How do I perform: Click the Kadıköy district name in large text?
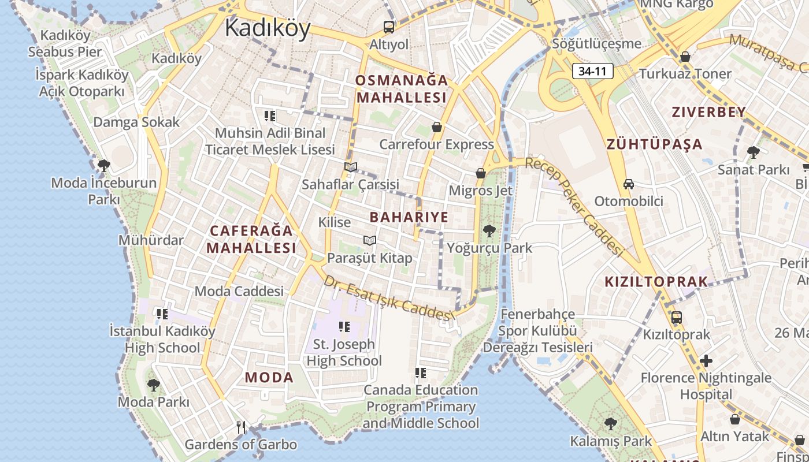tap(268, 28)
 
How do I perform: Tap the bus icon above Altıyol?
tap(389, 27)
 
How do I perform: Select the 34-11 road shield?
tap(593, 72)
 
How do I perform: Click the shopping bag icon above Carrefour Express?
tap(437, 127)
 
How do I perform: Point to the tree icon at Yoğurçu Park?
tap(489, 231)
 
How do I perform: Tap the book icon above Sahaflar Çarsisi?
tap(351, 167)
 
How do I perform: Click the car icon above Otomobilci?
tap(629, 184)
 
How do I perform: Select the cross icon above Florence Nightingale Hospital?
tap(706, 361)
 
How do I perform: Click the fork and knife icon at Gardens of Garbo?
tap(241, 427)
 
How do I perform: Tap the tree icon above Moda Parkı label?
tap(153, 385)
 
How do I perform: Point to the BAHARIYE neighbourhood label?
tap(409, 217)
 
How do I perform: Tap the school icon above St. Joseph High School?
tap(344, 327)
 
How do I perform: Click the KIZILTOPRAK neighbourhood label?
tap(656, 282)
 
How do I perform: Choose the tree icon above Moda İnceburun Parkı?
tap(104, 166)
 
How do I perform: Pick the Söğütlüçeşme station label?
tap(596, 44)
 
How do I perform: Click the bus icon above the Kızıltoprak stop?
tap(676, 318)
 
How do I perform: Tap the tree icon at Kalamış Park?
tap(610, 424)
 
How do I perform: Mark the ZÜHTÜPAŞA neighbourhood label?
tap(654, 144)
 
